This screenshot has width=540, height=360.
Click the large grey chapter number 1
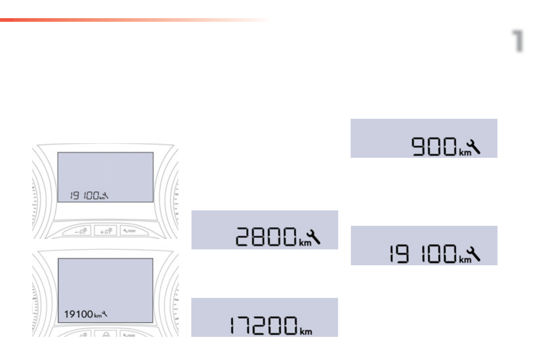517,41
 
